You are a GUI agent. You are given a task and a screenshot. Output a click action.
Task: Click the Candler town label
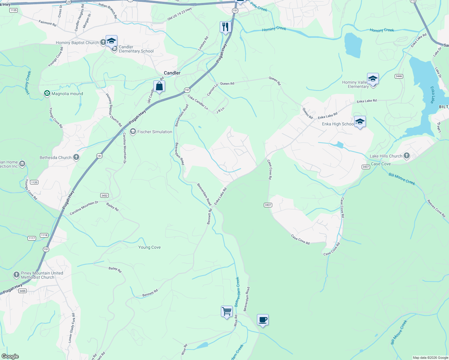point(172,73)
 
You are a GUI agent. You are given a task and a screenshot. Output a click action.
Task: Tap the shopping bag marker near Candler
point(159,87)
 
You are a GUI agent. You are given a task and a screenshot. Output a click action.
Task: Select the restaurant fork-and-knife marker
point(225,27)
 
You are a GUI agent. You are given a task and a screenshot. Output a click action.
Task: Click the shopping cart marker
point(227,311)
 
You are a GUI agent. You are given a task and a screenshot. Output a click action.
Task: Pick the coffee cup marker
point(263,320)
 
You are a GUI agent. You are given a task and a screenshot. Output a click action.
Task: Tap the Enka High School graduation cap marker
point(360,122)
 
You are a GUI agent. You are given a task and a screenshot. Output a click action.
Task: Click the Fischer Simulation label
point(155,132)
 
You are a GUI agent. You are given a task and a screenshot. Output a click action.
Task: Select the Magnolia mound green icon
point(47,94)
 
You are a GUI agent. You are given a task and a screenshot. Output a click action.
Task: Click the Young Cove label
point(149,247)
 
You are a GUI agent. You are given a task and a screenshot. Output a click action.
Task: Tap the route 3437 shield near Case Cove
point(366,167)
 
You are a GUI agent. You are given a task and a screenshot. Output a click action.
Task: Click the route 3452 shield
point(104,196)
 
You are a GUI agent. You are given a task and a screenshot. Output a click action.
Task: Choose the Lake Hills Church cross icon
point(407,155)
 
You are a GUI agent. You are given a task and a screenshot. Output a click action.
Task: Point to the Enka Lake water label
point(432,95)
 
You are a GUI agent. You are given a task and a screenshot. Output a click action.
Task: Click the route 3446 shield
point(399,76)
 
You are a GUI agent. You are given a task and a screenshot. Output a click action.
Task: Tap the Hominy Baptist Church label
point(77,43)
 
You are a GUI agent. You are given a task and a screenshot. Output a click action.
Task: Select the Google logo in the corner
point(10,356)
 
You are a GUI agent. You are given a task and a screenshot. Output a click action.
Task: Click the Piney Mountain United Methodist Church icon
point(17,274)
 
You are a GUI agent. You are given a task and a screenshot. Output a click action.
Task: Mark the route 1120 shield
point(34,182)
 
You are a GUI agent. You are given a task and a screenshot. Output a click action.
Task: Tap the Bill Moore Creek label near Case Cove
point(402,179)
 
